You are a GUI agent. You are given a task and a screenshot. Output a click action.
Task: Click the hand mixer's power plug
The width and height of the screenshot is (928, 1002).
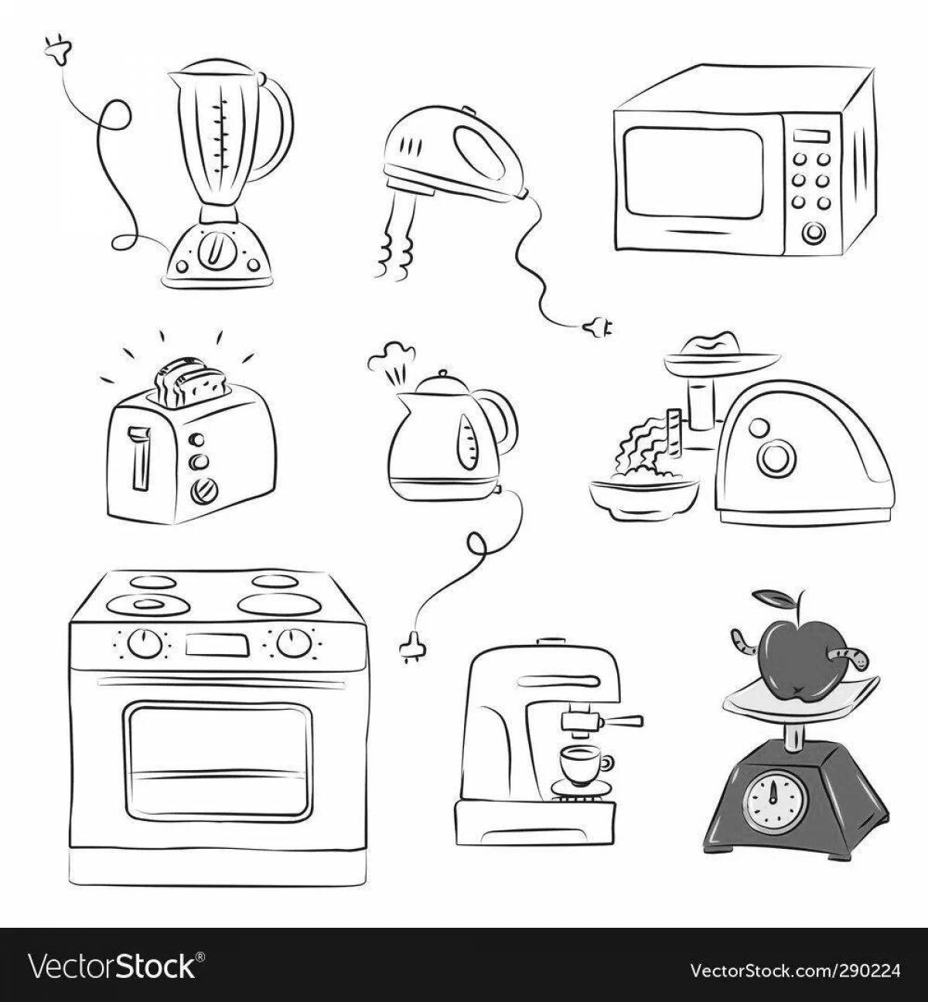pos(599,328)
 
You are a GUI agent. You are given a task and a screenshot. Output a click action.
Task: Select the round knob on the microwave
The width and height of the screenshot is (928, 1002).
pos(814,233)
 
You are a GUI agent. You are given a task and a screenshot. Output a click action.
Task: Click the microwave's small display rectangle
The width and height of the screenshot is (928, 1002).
pos(811,137)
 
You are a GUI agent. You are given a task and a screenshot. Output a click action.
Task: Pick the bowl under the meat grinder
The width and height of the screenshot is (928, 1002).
pos(644,499)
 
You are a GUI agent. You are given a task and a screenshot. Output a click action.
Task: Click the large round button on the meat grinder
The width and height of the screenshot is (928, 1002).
pos(774,458)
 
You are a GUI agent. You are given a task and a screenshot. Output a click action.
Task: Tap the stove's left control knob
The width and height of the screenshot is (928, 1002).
pos(144,644)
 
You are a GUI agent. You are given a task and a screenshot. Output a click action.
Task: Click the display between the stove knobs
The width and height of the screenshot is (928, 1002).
pos(217,645)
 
